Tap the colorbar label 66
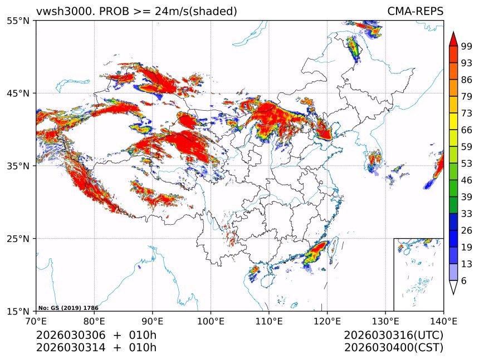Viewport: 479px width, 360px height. coord(466,130)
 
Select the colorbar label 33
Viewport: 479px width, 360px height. coord(466,213)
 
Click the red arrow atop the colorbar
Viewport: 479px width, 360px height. coord(453,39)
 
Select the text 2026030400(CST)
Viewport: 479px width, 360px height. coord(393,348)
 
